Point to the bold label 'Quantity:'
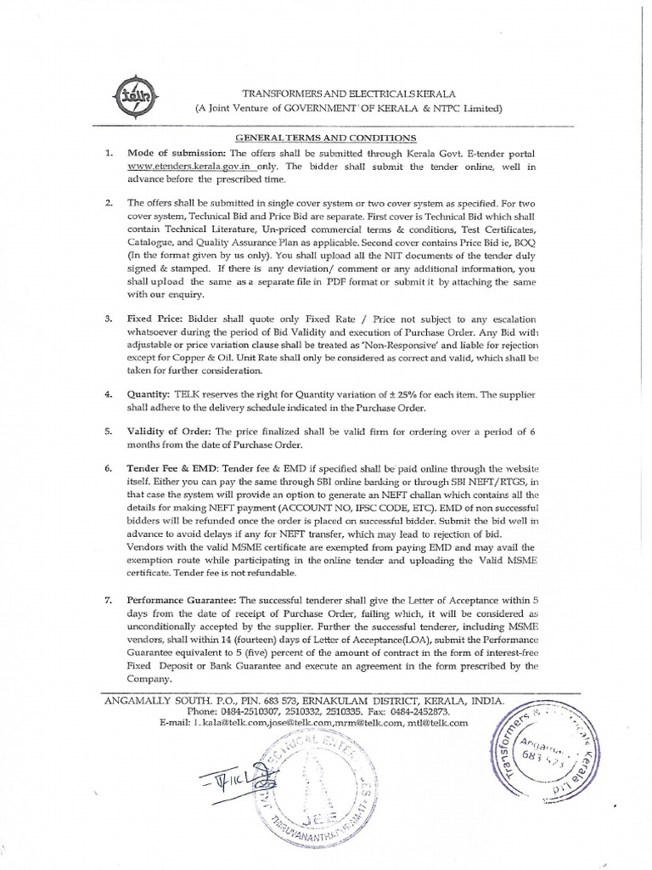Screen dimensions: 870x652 (x=147, y=396)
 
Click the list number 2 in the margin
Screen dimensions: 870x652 (x=108, y=204)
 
